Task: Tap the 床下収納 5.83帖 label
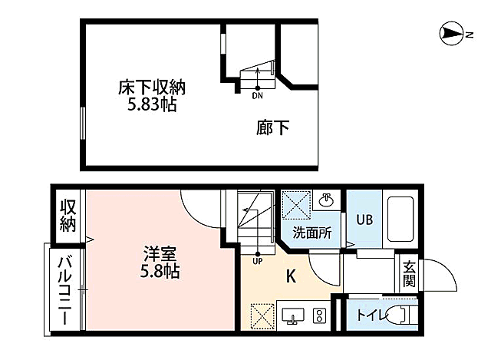pos(152,96)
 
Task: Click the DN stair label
pos(257,96)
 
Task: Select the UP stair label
pos(257,259)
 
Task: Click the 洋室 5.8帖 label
pos(160,261)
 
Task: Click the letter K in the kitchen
pos(292,276)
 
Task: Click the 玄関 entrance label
pos(409,275)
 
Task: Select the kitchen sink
pos(292,315)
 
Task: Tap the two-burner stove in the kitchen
pos(319,315)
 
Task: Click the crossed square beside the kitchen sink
pos(261,315)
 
